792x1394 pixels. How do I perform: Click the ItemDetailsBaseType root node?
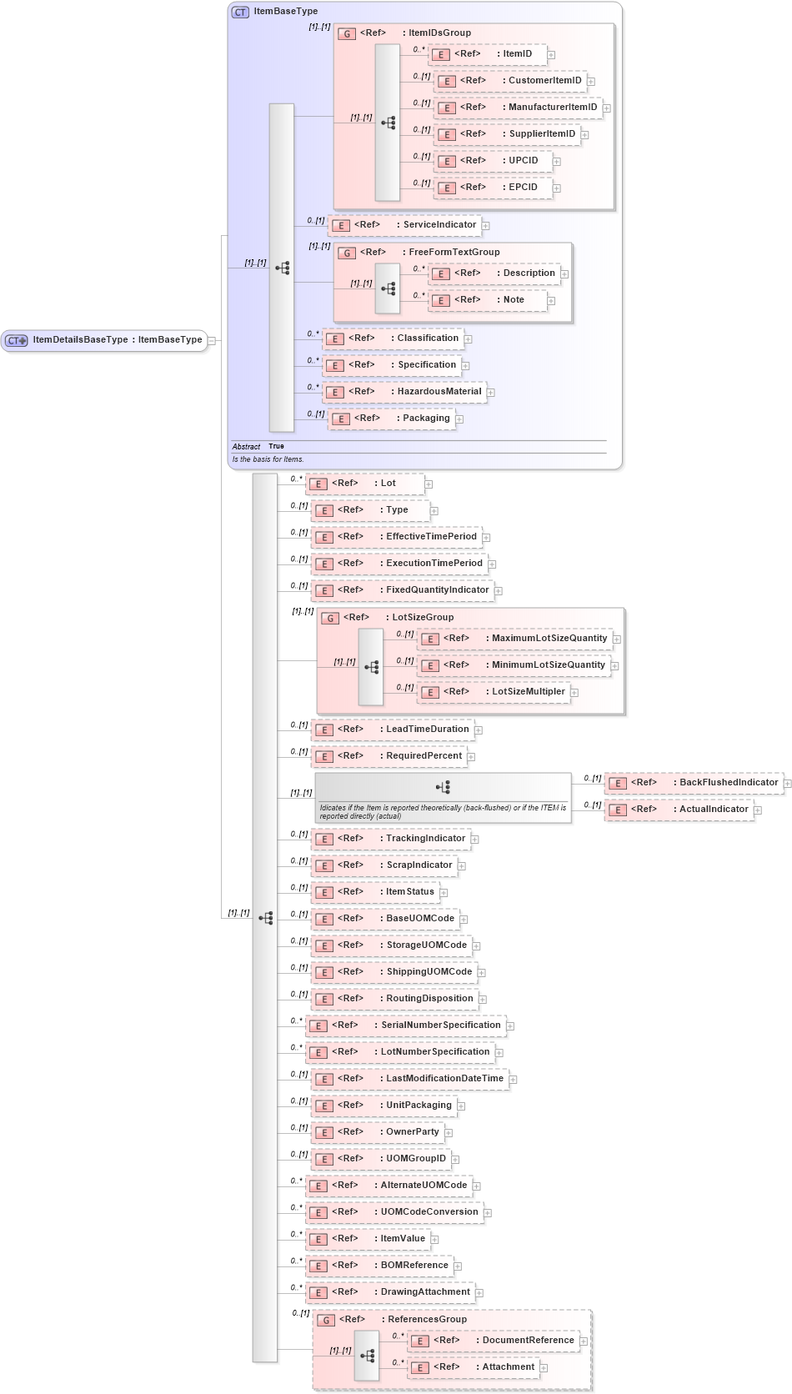click(x=104, y=340)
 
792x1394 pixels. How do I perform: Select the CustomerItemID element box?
click(x=510, y=81)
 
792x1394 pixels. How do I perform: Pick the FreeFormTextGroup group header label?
click(x=454, y=252)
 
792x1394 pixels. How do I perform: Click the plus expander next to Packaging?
click(x=459, y=419)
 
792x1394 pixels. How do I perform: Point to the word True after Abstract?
click(x=276, y=447)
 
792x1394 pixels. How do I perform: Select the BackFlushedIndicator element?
click(x=694, y=783)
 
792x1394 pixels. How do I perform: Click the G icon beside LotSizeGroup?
click(x=330, y=618)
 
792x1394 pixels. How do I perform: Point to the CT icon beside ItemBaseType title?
click(x=240, y=12)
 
